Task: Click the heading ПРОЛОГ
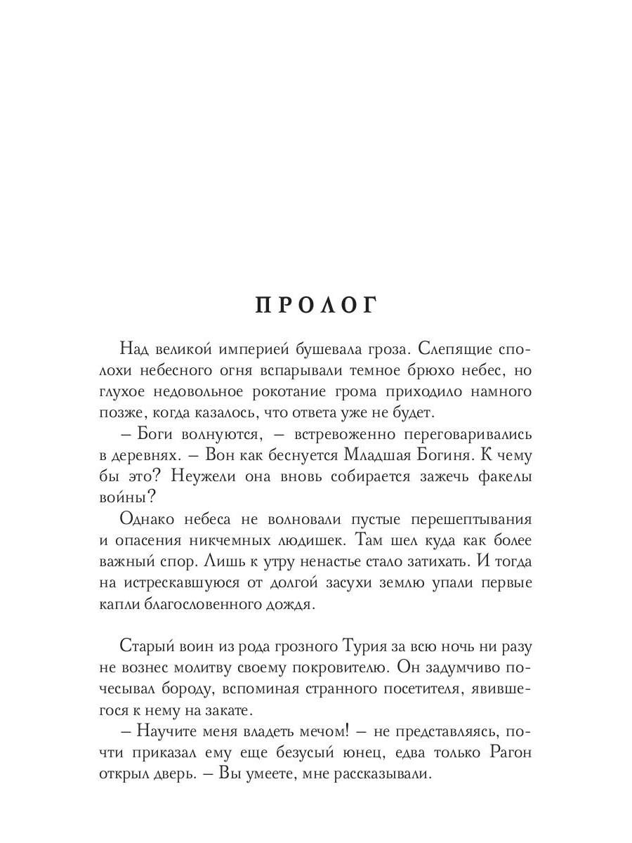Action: point(315,306)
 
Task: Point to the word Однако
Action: point(152,519)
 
